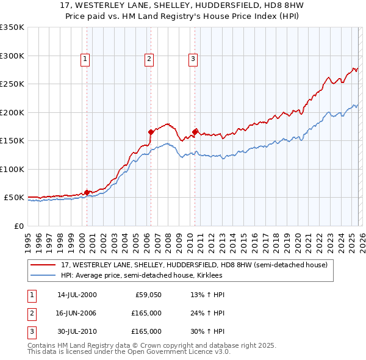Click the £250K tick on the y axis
[x=12, y=84]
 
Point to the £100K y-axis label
[x=12, y=169]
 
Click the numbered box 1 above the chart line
[x=84, y=59]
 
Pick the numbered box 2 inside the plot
[x=148, y=59]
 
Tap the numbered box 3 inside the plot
[x=192, y=59]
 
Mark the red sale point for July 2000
[x=87, y=192]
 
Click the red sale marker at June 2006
[x=151, y=132]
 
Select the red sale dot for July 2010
[x=195, y=132]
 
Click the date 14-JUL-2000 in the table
[x=77, y=295]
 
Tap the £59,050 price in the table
[x=146, y=295]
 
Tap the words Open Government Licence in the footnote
[x=172, y=352]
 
